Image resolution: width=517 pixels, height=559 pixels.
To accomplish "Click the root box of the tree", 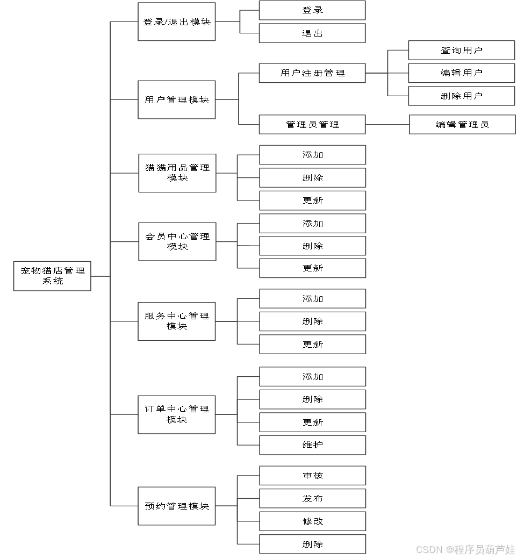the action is [x=52, y=276].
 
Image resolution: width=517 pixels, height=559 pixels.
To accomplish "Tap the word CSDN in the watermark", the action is [x=428, y=549].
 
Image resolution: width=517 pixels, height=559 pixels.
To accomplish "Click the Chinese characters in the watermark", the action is [x=484, y=549].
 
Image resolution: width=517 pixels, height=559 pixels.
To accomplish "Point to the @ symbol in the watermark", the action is [x=449, y=549].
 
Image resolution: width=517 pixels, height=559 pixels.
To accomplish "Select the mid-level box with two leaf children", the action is [x=177, y=21].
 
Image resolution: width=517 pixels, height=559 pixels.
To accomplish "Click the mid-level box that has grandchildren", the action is [x=177, y=99].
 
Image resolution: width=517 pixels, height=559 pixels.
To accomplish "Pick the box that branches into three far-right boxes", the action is [x=312, y=73].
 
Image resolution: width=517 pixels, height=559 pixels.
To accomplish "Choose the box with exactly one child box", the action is [x=312, y=124].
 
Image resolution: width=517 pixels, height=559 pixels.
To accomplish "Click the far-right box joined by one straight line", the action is [x=462, y=124].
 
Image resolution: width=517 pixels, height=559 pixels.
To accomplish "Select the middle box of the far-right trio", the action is [x=462, y=73].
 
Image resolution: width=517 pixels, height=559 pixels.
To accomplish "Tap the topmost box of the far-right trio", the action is [x=462, y=50].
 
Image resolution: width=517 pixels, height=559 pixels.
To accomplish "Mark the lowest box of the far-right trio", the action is [x=462, y=96].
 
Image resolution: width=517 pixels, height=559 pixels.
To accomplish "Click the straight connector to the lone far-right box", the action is [x=387, y=125].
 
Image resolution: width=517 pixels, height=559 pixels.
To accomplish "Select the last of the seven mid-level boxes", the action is [x=177, y=506].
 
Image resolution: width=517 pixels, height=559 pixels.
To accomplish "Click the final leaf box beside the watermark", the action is [x=313, y=544].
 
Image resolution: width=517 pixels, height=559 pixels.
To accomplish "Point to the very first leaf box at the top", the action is [x=312, y=10].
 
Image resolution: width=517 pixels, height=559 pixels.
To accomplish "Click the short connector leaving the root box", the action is [x=100, y=276].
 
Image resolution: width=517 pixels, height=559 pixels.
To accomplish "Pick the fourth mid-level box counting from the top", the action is [x=177, y=241].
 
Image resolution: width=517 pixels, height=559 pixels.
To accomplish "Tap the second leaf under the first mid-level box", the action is [x=312, y=33].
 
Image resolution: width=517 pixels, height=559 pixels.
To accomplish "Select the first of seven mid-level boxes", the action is [x=177, y=21].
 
